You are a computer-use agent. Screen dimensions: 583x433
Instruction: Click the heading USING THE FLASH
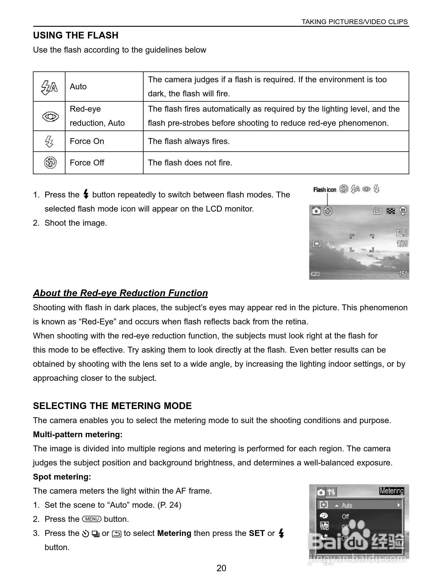pos(76,36)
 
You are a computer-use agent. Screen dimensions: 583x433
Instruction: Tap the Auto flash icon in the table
pos(49,87)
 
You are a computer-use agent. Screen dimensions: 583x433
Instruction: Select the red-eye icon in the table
pos(50,117)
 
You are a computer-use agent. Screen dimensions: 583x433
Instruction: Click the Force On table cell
pos(87,141)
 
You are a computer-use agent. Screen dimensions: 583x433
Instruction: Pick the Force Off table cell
pos(87,163)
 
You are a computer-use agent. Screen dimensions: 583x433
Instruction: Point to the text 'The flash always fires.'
pos(189,141)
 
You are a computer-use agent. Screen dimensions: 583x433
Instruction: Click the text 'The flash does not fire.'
pos(190,163)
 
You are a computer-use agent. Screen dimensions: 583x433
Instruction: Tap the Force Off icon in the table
pos(50,163)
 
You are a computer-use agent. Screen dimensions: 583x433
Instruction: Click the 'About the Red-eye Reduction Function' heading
pos(120,293)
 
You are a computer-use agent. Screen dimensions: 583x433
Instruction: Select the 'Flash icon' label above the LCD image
pos(325,190)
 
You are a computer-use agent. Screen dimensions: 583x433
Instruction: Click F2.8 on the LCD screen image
pos(402,233)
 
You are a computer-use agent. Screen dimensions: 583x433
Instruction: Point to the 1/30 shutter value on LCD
pos(402,244)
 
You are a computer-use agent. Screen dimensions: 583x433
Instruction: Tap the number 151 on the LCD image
pos(403,274)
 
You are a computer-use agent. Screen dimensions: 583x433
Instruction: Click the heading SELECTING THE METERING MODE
pos(112,406)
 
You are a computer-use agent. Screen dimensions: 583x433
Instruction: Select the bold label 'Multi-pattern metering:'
pos(78,435)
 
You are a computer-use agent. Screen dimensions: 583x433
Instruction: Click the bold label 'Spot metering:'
pos(62,477)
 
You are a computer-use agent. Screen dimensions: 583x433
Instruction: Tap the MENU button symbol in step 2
pos(92,519)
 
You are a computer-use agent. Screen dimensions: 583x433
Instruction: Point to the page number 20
pos(221,568)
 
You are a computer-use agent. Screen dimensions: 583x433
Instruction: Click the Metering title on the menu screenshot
pos(392,491)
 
